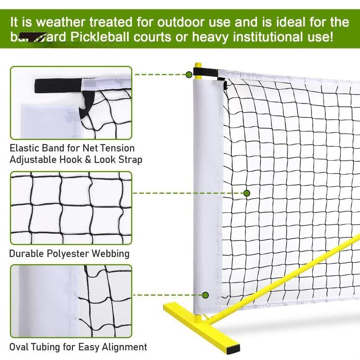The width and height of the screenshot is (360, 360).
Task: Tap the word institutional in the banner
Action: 252,37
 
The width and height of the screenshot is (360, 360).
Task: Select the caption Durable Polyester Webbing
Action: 69,253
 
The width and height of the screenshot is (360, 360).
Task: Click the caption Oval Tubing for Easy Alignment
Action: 78,347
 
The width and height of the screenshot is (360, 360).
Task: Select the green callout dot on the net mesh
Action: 247,193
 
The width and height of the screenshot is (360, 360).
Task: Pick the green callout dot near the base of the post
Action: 206,295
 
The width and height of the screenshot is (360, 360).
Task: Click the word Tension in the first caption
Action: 119,148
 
